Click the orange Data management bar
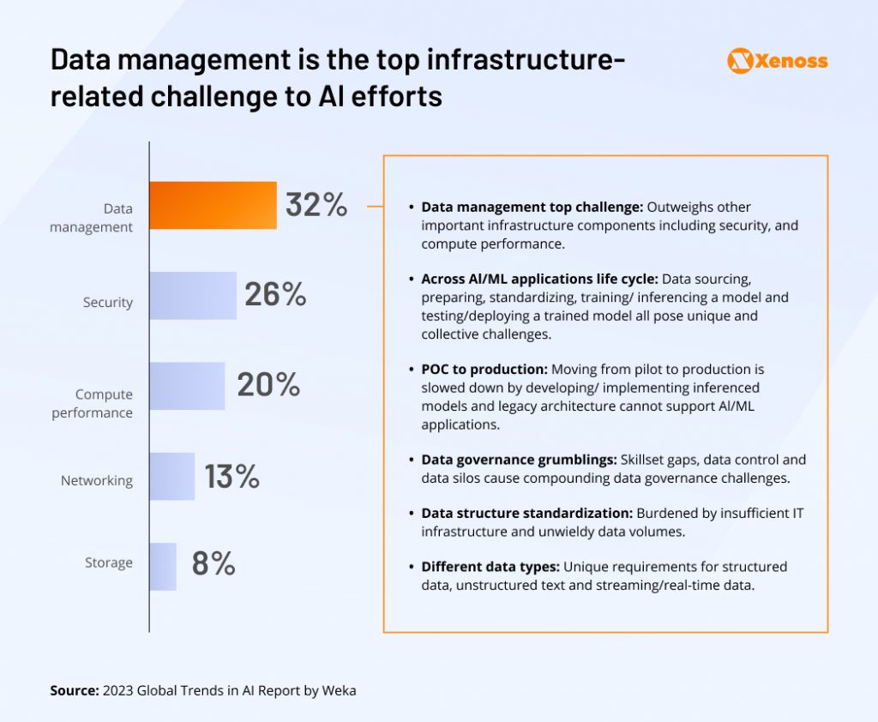click(213, 205)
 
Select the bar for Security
click(193, 296)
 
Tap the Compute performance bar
click(187, 386)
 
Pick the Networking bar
click(172, 476)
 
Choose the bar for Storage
click(163, 567)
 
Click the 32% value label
click(316, 205)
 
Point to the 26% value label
click(275, 294)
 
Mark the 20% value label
click(268, 384)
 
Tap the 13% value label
click(232, 476)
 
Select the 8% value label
click(213, 563)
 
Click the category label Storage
click(109, 563)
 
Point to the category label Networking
click(97, 480)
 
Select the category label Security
click(108, 302)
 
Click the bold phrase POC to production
click(484, 369)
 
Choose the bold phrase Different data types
click(490, 567)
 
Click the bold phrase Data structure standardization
click(526, 513)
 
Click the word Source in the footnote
click(74, 689)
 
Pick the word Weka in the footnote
click(339, 689)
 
